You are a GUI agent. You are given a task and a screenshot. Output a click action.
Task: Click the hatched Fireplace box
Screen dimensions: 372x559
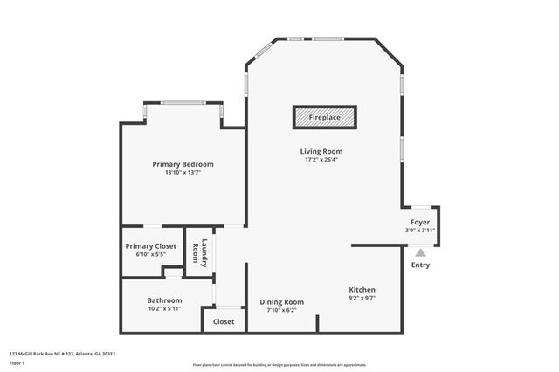click(324, 116)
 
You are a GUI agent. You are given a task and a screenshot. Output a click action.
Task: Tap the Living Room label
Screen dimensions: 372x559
click(321, 151)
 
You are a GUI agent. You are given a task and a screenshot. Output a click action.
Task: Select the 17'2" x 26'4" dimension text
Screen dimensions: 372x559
click(321, 160)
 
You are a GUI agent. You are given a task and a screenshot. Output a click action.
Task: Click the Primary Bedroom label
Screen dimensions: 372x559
click(183, 164)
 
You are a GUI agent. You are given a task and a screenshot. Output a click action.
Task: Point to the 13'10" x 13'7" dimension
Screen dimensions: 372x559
click(183, 173)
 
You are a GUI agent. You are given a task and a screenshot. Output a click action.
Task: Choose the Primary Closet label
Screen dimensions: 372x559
click(151, 246)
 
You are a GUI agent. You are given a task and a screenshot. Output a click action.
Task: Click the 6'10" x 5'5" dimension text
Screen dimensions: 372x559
click(151, 255)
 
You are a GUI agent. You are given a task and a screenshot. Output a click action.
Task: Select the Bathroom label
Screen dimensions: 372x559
click(164, 300)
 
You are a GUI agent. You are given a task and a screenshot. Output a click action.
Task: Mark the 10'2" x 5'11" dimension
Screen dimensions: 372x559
click(164, 309)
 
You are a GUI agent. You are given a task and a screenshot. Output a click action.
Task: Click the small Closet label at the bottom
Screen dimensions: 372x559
click(224, 321)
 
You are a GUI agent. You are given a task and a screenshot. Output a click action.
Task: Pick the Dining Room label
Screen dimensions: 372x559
click(281, 301)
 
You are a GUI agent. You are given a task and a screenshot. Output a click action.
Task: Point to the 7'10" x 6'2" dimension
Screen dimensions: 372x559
click(281, 310)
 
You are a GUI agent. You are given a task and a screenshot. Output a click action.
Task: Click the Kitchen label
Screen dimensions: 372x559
click(362, 289)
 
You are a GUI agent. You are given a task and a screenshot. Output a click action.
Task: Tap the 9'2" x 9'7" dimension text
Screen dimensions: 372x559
click(362, 298)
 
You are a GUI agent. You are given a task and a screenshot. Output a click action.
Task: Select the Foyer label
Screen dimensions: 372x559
click(420, 223)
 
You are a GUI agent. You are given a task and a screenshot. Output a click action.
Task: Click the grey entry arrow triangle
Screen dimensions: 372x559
click(420, 251)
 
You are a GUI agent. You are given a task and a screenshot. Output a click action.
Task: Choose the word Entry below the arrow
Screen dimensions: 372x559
click(420, 265)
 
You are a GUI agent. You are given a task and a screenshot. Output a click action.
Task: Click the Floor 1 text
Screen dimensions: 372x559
click(17, 362)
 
